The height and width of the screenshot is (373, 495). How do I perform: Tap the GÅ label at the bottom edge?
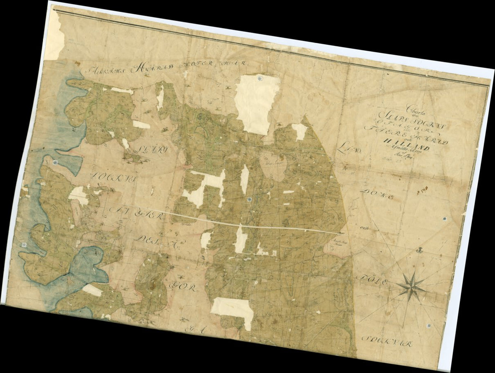194,329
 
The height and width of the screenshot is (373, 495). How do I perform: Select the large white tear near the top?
257,103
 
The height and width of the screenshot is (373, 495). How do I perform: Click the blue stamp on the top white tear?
259,78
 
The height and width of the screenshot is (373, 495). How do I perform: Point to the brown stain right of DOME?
422,191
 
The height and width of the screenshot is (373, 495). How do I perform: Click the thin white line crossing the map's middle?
231,223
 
